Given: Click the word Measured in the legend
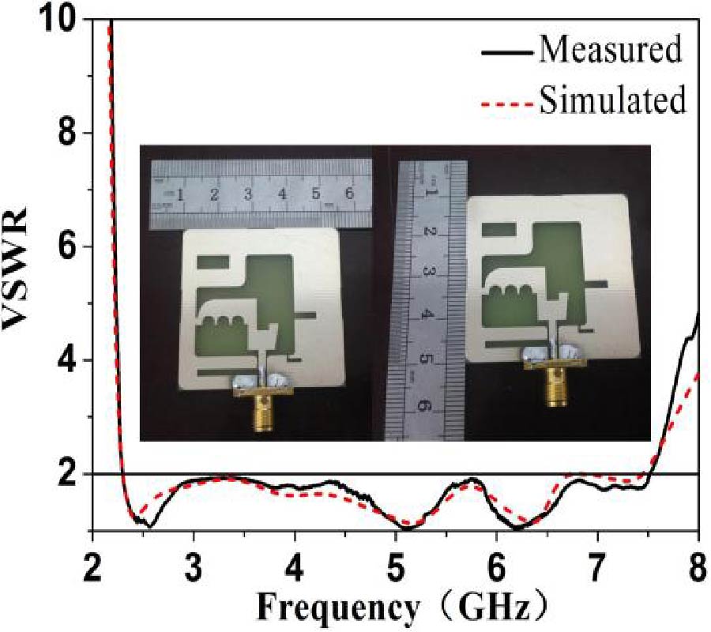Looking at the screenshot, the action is coord(611,49).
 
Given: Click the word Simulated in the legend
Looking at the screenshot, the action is coord(612,99).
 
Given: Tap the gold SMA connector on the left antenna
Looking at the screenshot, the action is coord(261,408).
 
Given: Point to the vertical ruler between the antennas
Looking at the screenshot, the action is coord(425,300).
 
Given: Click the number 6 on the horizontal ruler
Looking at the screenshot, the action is coord(349,194).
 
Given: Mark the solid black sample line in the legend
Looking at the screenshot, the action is coord(507,53).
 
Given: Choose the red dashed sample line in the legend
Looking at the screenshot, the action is coord(507,105).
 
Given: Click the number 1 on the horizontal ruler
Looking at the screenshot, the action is coord(180,194).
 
